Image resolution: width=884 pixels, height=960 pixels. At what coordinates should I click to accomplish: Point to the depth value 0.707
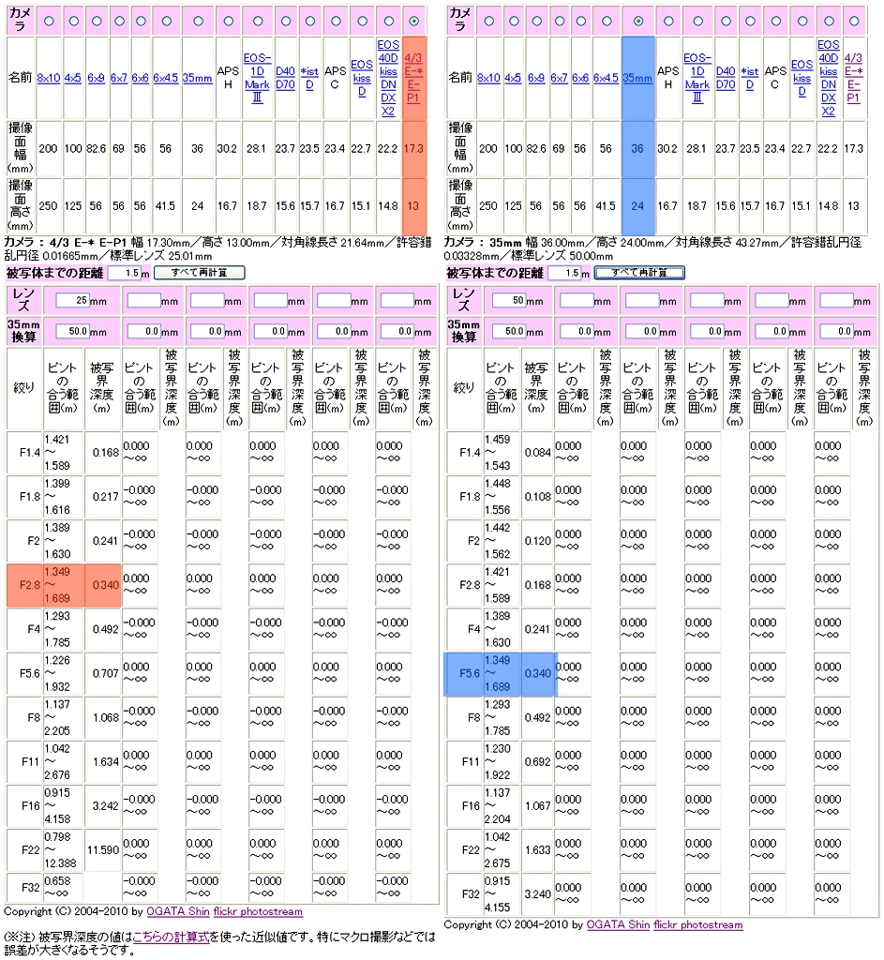click(x=103, y=674)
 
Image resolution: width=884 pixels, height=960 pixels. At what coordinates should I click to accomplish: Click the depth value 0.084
click(x=537, y=454)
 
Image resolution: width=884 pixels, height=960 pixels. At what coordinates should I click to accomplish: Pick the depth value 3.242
click(x=103, y=806)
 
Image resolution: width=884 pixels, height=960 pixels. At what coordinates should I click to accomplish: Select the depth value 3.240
click(x=537, y=894)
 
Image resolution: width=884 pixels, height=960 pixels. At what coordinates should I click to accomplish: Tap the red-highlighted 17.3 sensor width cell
click(x=413, y=148)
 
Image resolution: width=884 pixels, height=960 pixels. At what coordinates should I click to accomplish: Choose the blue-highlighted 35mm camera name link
click(x=637, y=79)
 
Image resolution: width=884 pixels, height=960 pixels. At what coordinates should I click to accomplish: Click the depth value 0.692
click(x=537, y=762)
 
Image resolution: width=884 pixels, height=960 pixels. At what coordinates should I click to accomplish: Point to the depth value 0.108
click(x=537, y=498)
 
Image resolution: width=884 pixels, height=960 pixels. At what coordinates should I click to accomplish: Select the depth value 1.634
click(x=103, y=762)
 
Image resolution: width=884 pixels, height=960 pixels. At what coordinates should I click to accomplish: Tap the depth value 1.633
click(x=537, y=850)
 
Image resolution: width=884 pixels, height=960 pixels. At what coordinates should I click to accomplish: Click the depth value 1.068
click(x=103, y=718)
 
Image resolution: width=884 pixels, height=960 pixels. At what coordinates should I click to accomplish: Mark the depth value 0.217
click(x=103, y=498)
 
